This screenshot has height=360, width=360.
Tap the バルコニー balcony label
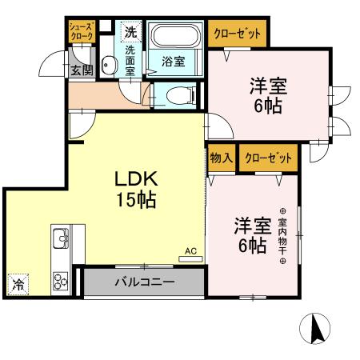[144, 282]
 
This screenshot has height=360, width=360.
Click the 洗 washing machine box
[130, 33]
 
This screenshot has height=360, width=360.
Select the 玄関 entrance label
[81, 70]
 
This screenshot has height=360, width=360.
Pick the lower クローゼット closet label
[267, 157]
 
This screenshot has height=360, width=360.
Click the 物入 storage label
[222, 157]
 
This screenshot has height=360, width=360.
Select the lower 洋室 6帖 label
[250, 234]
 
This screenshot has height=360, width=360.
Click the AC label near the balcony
[190, 251]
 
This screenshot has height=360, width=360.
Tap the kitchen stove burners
[61, 280]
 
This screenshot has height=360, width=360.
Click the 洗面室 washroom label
[130, 59]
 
